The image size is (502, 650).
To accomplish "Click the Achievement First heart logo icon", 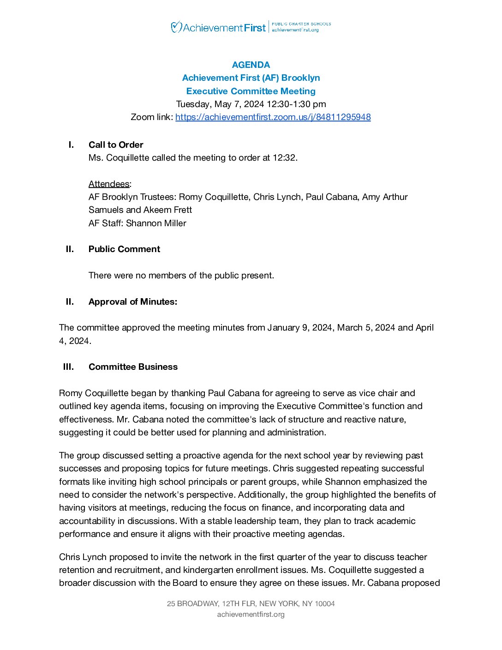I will (176, 27).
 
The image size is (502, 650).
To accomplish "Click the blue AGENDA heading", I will (251, 65).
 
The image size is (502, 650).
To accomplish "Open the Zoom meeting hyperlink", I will (273, 117).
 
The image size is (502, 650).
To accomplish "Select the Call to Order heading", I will (116, 144).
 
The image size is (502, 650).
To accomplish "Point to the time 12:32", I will (284, 157).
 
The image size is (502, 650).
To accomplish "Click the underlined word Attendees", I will (109, 184).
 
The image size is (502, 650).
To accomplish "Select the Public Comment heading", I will (124, 249).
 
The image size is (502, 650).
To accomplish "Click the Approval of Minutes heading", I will (133, 301).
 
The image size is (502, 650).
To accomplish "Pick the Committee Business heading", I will (133, 367).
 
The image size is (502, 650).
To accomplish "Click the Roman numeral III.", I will (68, 367).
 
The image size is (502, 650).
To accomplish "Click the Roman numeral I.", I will (71, 144).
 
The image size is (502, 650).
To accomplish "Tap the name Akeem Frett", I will (167, 210).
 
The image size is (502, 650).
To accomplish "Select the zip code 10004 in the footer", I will (325, 603).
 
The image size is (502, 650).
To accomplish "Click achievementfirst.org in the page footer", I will (251, 614).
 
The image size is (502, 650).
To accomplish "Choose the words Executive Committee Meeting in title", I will (251, 91).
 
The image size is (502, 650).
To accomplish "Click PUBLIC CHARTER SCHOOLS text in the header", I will (301, 24).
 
